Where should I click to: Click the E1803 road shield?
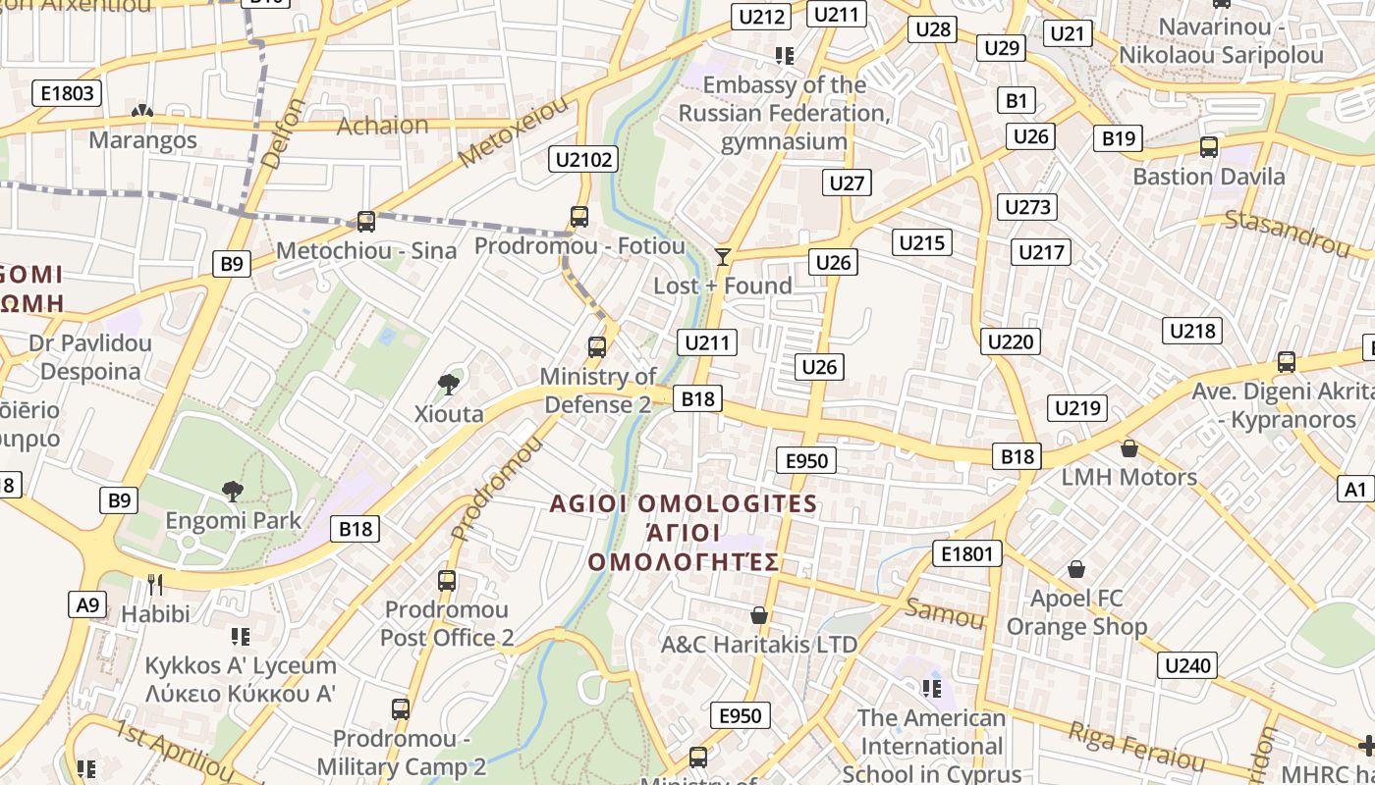tap(68, 93)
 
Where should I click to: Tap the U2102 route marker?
tap(584, 159)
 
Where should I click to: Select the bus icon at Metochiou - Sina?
tap(366, 222)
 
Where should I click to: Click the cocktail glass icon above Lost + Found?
tap(723, 257)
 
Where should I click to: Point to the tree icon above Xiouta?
tap(449, 384)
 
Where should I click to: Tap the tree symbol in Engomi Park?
tap(233, 491)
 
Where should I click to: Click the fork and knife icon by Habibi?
tap(155, 585)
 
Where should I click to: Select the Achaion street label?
tap(383, 126)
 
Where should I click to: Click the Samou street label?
tap(944, 613)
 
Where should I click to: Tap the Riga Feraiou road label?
tap(1137, 747)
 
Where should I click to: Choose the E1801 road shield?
tap(967, 553)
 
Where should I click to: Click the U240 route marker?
tap(1187, 665)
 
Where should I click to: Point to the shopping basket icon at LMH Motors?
tap(1129, 449)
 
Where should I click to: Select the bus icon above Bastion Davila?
tap(1209, 147)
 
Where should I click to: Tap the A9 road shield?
tap(87, 603)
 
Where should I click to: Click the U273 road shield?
tap(1028, 207)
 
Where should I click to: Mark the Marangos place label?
tap(142, 140)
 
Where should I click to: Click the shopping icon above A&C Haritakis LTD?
tap(758, 615)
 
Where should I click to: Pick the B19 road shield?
tap(1119, 138)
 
